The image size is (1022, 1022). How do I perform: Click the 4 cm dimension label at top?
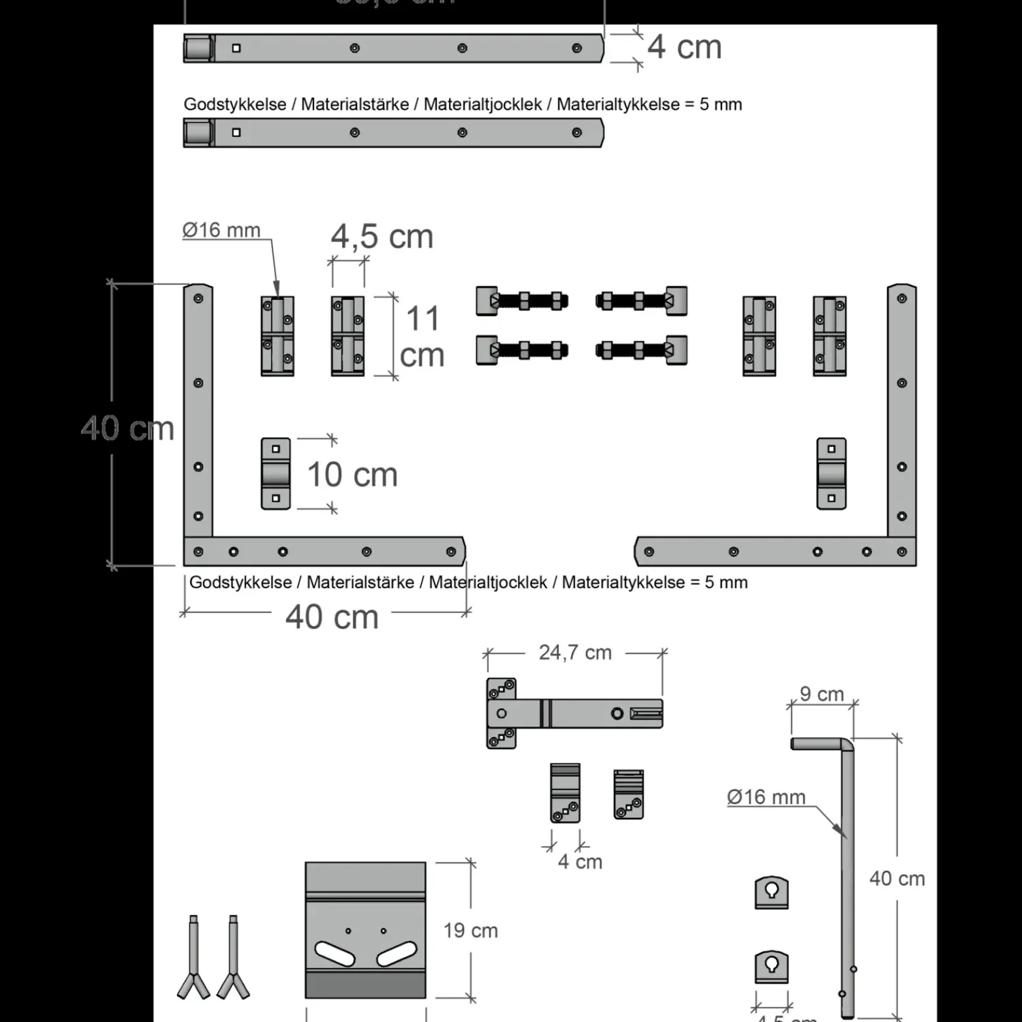[x=684, y=47]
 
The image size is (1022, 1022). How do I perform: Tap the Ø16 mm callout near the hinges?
[x=221, y=230]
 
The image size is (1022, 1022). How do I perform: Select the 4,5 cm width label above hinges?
[x=382, y=237]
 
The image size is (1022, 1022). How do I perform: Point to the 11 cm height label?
[x=422, y=337]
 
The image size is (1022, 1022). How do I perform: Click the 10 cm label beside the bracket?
[x=352, y=475]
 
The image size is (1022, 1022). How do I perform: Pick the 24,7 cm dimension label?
[x=575, y=653]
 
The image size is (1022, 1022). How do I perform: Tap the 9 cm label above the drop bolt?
[x=822, y=694]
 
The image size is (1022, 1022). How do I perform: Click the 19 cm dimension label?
[x=470, y=931]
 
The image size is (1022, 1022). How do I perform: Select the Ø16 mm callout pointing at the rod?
[x=766, y=796]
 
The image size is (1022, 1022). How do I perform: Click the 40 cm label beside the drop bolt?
[x=897, y=879]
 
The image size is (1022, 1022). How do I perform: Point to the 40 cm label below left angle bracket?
[x=332, y=617]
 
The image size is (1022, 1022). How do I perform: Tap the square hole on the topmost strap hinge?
[x=236, y=48]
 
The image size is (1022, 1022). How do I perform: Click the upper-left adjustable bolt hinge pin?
[x=522, y=300]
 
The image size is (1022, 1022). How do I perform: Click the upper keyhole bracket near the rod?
[x=771, y=892]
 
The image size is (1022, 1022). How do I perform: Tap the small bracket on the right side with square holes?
[x=831, y=474]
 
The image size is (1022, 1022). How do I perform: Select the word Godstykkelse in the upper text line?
[x=234, y=104]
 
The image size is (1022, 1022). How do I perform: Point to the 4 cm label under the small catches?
[x=580, y=862]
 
